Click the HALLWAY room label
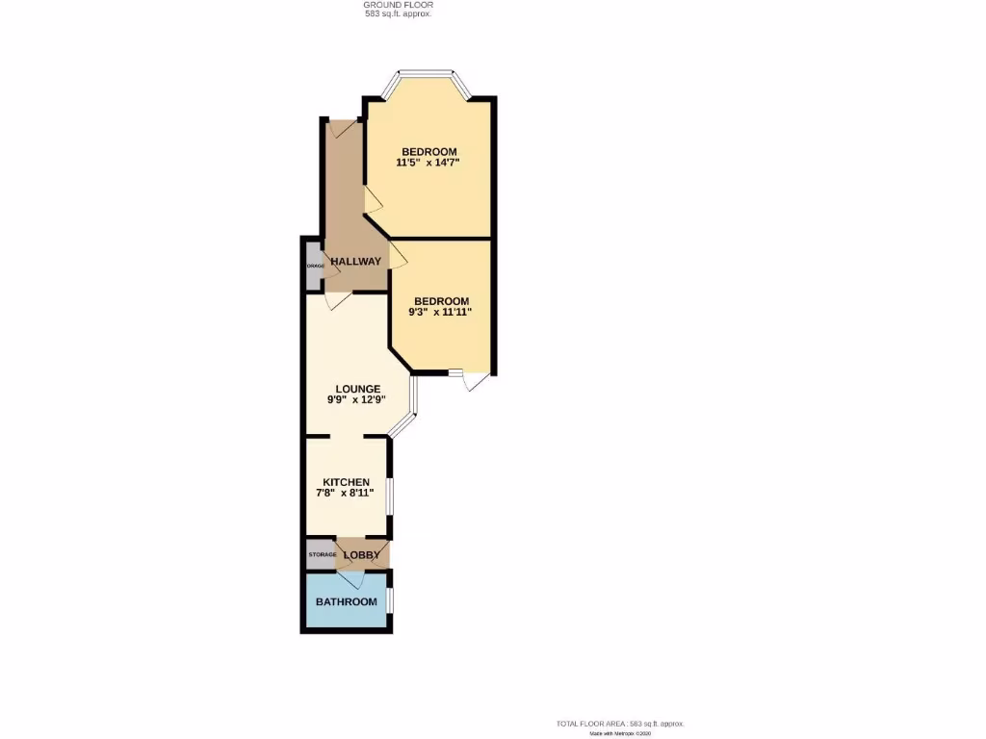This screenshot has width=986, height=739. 355,262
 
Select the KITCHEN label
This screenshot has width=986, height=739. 346,481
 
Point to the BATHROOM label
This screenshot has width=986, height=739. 346,602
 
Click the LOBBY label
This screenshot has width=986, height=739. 362,555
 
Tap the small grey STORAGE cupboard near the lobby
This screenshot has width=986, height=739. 322,554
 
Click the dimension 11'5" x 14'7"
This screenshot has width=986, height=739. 428,163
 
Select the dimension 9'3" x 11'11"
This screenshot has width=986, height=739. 441,312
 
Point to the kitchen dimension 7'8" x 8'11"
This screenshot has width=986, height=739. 346,493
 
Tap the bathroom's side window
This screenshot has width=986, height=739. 389,599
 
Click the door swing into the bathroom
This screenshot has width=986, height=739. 350,579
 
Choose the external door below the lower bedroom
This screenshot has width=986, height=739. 474,381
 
